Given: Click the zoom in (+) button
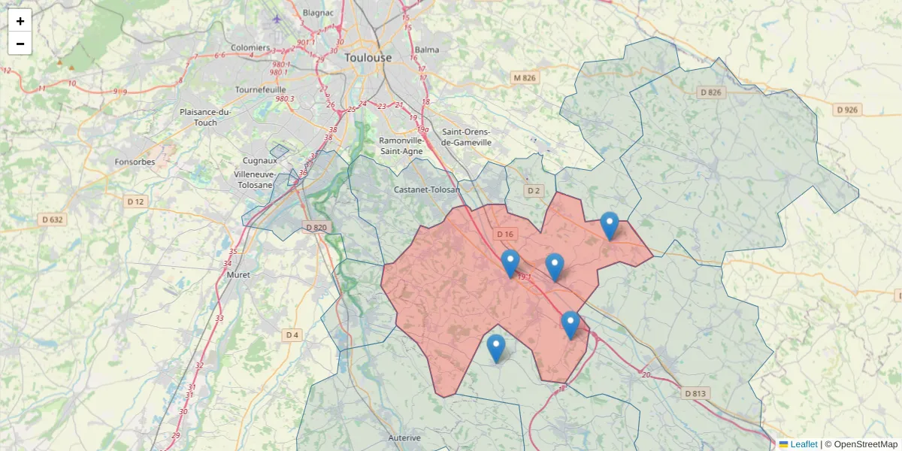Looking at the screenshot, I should point(20,20).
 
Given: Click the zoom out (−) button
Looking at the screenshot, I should point(20,44).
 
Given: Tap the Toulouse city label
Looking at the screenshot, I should point(368,57).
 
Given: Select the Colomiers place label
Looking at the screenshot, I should point(250,47).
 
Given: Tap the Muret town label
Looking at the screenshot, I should point(238,274).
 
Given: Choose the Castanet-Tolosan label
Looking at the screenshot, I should point(427,189).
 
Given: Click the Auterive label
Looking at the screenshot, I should point(404,437).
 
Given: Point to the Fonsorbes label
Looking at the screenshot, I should point(135,162).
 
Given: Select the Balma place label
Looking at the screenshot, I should point(427,50).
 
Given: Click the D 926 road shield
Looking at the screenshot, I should point(848,110).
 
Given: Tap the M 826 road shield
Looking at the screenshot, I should point(525,78).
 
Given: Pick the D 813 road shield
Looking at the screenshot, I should point(696,393).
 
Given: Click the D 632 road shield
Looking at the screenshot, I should point(51,219).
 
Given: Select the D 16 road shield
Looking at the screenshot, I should point(505,235).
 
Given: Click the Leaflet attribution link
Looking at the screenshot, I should point(803,444).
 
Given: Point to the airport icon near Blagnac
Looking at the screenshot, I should point(277,18).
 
